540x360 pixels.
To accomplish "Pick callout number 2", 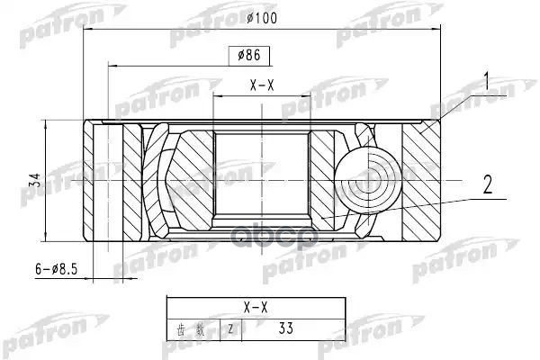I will tap(487, 186).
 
